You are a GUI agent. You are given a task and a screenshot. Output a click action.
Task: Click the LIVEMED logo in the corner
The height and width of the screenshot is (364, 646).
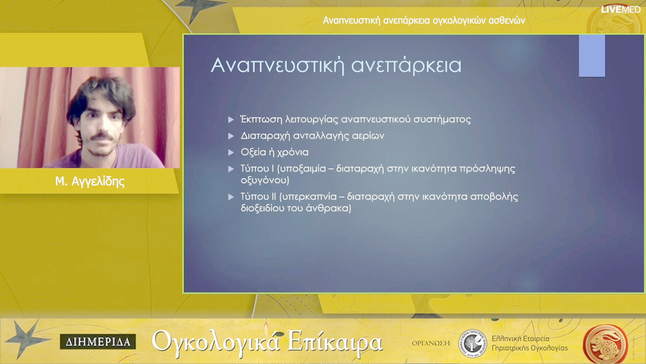[621, 10]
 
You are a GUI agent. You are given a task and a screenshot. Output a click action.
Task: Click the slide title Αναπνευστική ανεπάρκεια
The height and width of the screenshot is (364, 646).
[336, 65]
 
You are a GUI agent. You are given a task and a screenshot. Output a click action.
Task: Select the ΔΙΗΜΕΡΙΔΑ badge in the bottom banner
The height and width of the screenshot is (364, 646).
[97, 342]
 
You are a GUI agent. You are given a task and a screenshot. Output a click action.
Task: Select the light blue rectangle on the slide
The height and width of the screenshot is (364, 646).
[592, 56]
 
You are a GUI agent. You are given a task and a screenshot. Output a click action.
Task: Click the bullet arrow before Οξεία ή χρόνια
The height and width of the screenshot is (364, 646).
[231, 153]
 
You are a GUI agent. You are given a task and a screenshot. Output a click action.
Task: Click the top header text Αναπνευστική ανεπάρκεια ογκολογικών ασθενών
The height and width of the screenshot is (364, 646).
[424, 20]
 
